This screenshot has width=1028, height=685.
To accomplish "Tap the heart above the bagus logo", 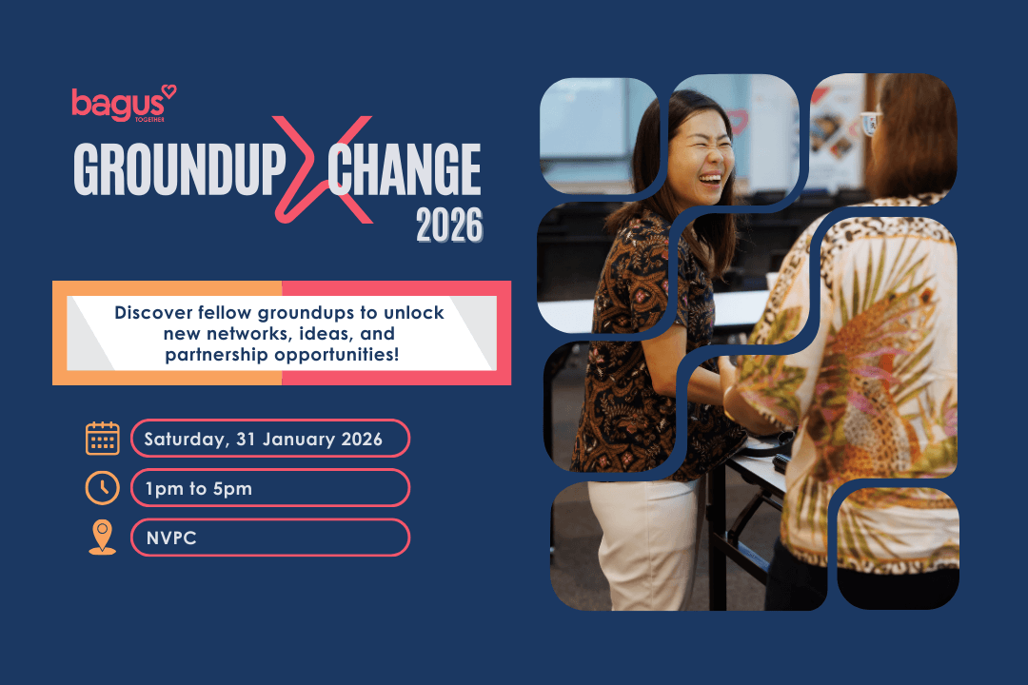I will tap(168, 91).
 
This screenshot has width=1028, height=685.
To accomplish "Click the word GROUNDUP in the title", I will tap(180, 172).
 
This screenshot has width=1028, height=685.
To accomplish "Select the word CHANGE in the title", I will tap(404, 172).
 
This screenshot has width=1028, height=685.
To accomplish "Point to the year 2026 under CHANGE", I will tap(448, 226).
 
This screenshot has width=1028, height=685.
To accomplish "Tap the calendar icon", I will tap(103, 439).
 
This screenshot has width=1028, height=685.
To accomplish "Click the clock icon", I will tap(103, 488).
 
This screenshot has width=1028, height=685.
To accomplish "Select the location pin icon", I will tap(102, 537).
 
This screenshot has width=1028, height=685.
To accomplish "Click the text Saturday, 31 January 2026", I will tap(263, 440).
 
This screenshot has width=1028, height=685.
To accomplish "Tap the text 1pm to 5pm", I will tap(199, 488).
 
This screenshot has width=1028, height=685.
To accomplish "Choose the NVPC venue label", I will tap(170, 538).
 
